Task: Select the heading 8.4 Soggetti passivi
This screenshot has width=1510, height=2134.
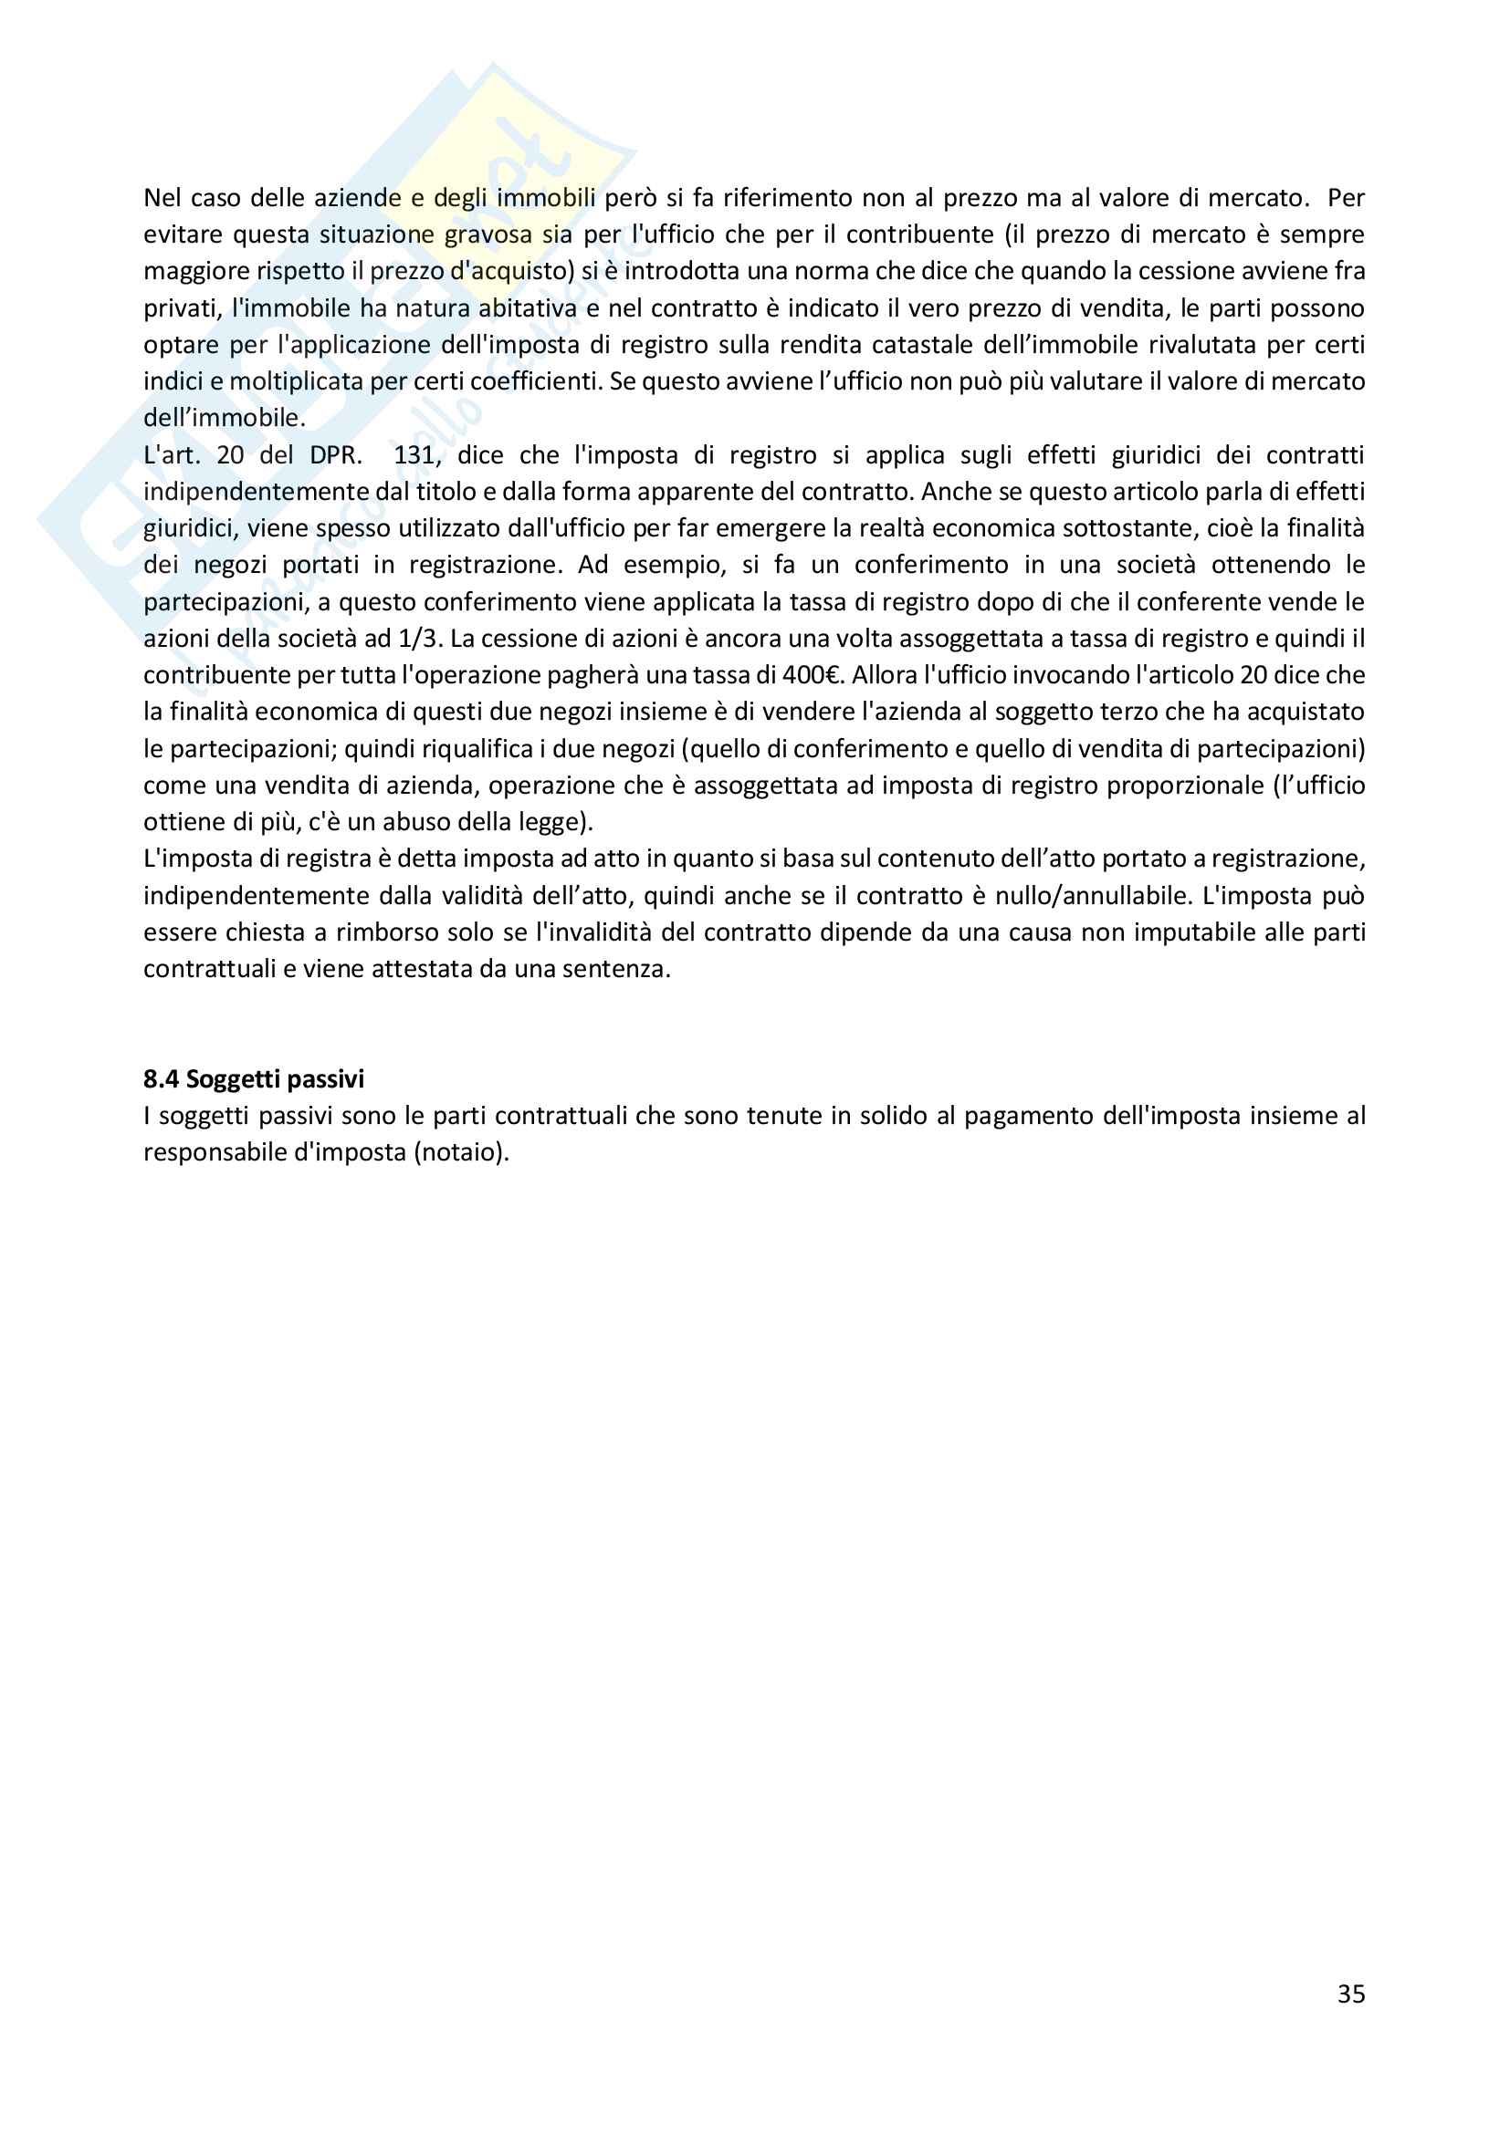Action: click(x=254, y=1079)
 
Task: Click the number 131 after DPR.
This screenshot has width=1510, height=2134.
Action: click(x=414, y=455)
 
